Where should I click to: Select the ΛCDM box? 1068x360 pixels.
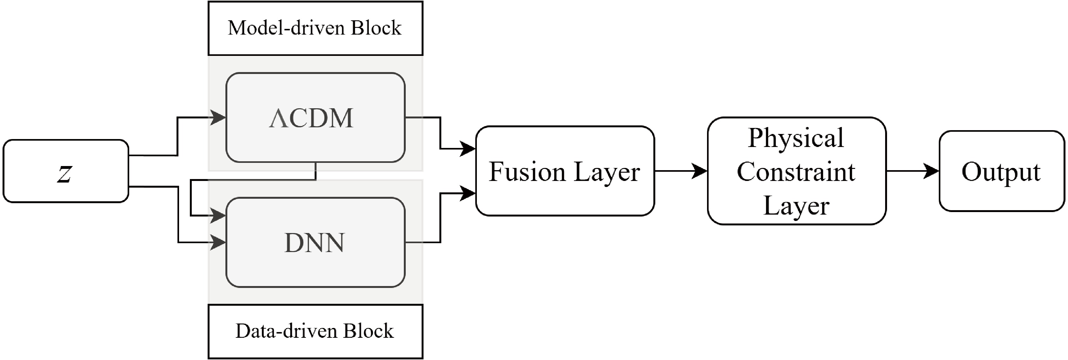[315, 118]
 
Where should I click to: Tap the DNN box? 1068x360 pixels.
[315, 243]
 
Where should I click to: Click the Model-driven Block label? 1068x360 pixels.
[315, 28]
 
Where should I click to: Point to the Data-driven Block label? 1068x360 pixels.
[315, 331]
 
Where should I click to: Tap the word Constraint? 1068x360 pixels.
[796, 172]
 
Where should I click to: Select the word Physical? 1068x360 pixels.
[796, 138]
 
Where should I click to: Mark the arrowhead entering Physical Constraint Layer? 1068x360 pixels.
[701, 171]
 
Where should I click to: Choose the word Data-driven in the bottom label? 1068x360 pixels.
[287, 331]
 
